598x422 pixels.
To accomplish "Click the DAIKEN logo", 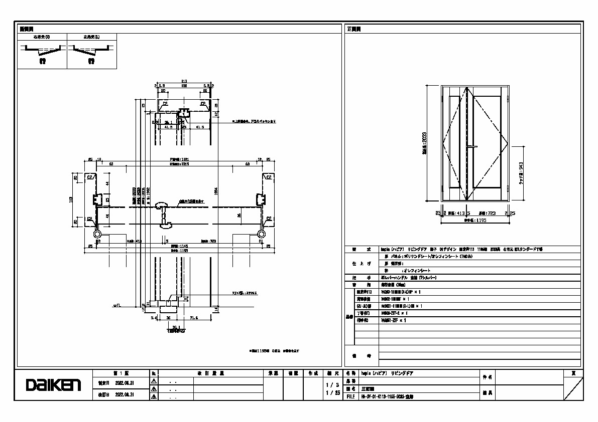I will click(53, 385).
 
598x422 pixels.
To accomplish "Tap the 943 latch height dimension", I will click(522, 173).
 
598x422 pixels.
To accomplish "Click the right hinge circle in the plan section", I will click(261, 234).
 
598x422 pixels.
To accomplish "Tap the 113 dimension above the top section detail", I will click(184, 81).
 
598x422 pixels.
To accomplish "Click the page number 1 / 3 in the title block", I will click(330, 384).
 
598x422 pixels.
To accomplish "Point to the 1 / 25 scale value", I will click(330, 393).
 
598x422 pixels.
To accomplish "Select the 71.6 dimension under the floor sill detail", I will click(193, 318).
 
